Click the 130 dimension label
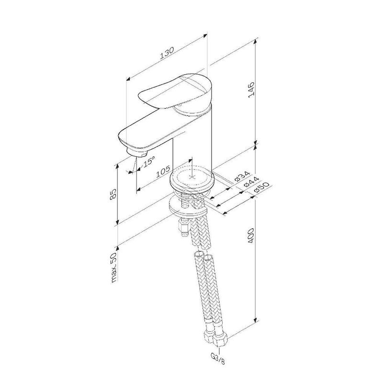pos(167,53)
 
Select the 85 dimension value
pos(113,195)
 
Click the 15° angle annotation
pos(148,161)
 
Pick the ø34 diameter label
pos(242,177)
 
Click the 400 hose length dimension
pos(251,236)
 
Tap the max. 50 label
pos(114,267)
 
